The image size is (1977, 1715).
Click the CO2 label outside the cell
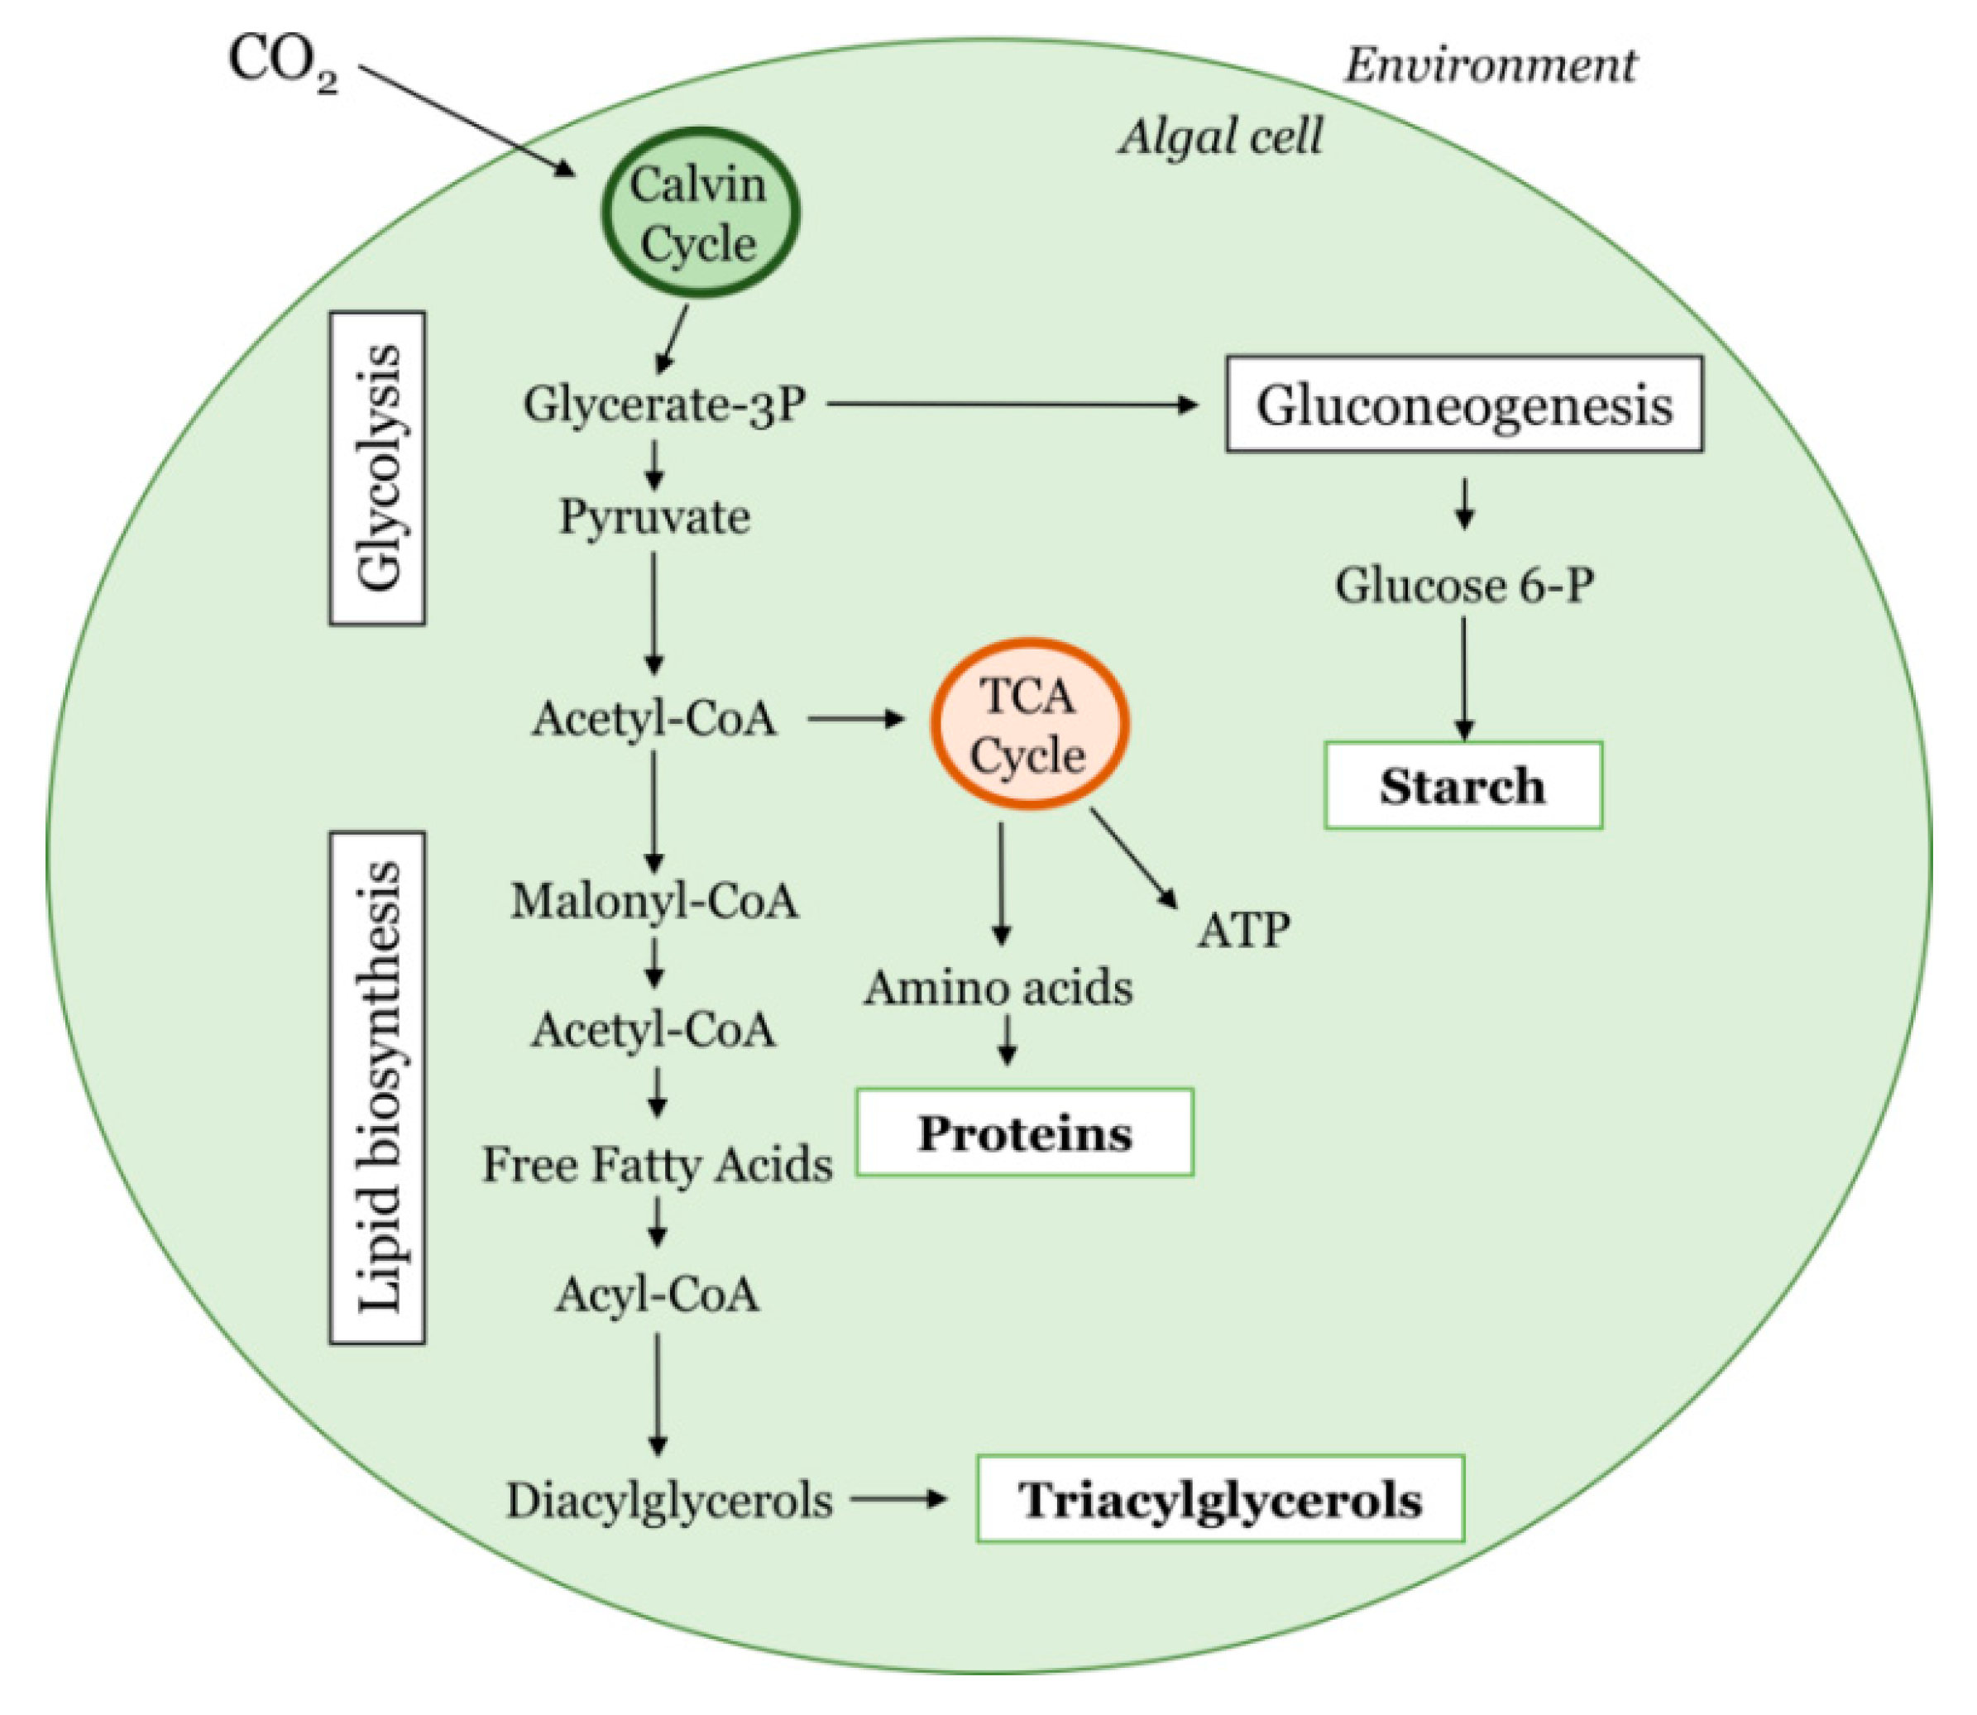(x=282, y=63)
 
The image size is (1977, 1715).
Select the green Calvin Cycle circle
(x=700, y=213)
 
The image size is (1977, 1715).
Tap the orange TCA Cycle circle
(x=1030, y=725)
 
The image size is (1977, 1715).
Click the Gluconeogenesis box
(x=1463, y=404)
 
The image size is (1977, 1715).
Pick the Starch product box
(x=1462, y=785)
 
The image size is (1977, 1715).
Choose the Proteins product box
(x=1024, y=1133)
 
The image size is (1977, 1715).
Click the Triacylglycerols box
(x=1219, y=1499)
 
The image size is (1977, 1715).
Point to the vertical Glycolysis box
(x=377, y=468)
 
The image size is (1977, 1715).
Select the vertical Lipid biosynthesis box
(x=377, y=1087)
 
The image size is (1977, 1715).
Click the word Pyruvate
(x=654, y=518)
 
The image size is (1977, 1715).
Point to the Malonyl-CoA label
(x=654, y=901)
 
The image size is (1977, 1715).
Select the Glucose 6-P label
(x=1464, y=585)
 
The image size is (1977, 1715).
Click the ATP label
(x=1243, y=928)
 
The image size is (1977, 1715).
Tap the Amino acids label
(x=998, y=988)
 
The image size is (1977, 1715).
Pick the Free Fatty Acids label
(x=657, y=1165)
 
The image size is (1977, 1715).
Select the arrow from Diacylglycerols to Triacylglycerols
(x=898, y=1499)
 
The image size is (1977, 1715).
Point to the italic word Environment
(x=1490, y=65)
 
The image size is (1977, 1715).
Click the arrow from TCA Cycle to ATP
(x=1134, y=856)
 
